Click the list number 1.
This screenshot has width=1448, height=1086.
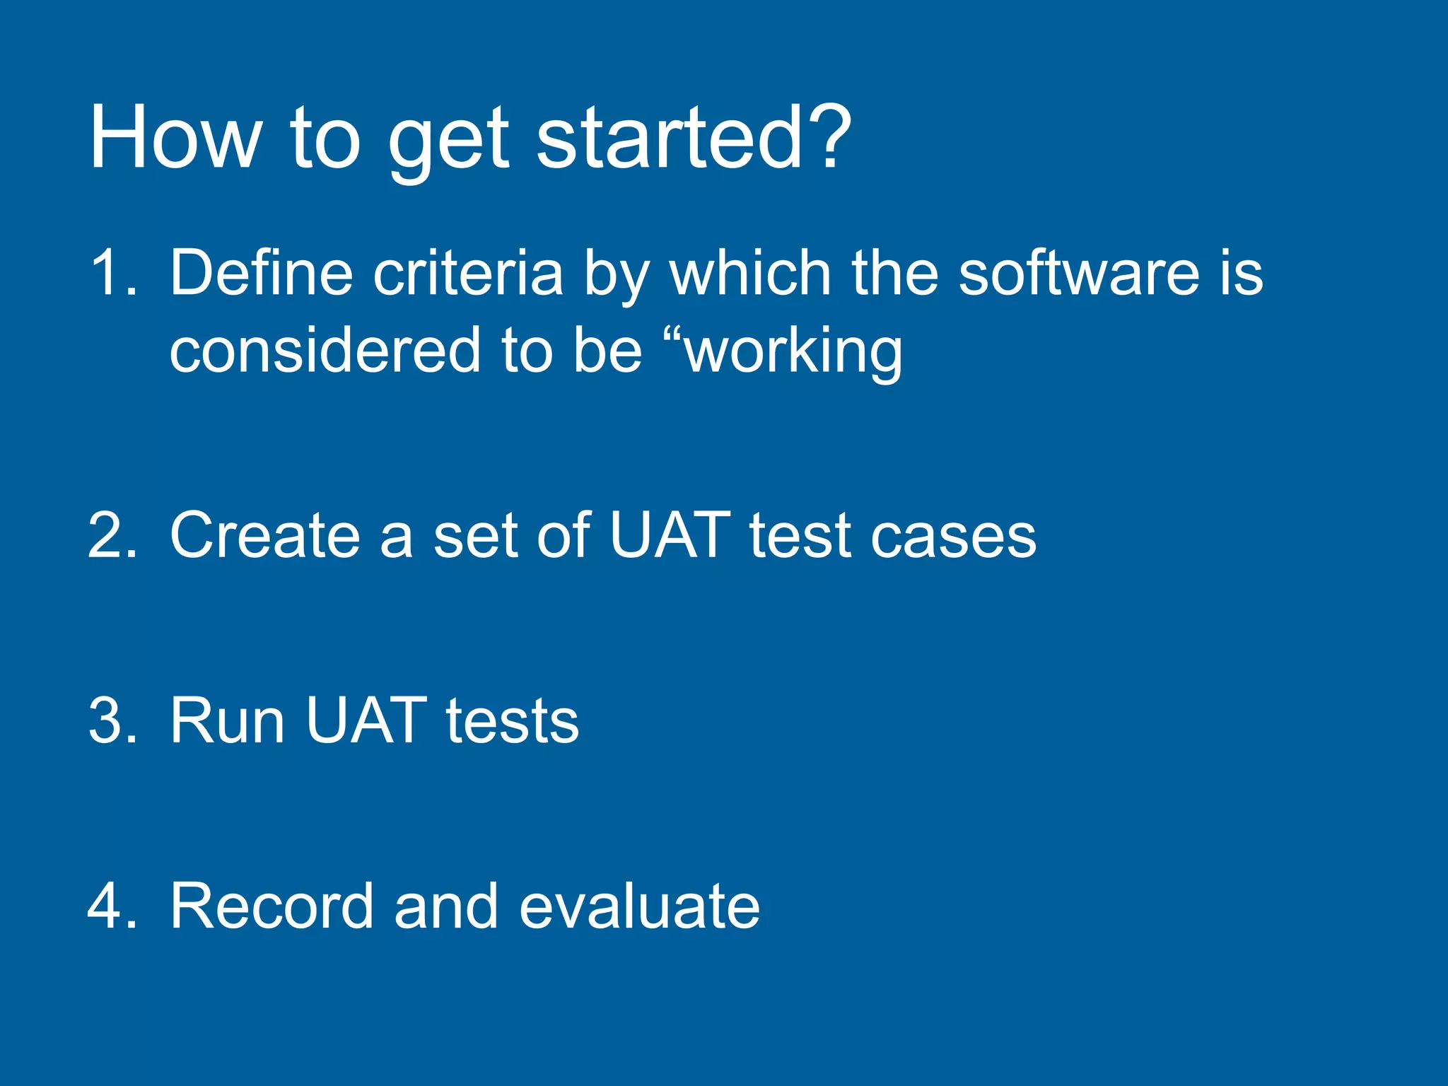coord(111,274)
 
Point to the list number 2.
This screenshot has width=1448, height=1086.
coord(111,536)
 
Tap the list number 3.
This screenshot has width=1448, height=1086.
coord(111,721)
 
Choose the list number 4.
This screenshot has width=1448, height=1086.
coord(111,906)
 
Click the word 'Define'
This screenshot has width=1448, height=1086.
coord(261,274)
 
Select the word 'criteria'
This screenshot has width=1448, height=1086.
coord(467,274)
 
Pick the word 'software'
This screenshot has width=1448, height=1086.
coord(1078,274)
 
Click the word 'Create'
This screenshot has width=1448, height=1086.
coord(264,536)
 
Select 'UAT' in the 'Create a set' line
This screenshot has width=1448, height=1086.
coord(669,536)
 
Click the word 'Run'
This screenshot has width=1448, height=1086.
coord(227,721)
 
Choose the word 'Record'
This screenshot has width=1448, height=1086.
coord(271,906)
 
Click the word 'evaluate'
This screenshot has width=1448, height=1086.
coord(639,906)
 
